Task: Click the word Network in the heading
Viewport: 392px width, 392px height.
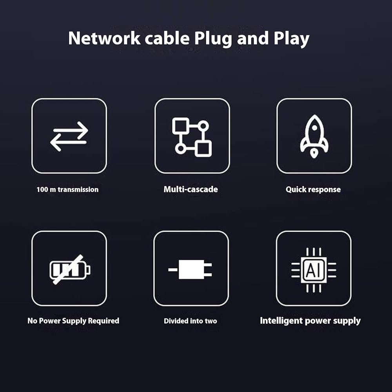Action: tap(104, 38)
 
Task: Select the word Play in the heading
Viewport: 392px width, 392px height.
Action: tap(292, 39)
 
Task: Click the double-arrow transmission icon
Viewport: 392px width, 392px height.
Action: tap(69, 136)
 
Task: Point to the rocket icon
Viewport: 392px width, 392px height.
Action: tap(314, 136)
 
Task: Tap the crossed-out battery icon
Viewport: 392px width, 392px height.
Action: tap(70, 270)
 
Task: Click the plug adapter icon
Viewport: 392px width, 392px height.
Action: tap(190, 270)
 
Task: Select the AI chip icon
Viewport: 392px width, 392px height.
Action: tap(314, 270)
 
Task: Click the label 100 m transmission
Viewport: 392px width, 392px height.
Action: tap(67, 189)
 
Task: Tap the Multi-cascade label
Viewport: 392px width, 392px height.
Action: tap(191, 189)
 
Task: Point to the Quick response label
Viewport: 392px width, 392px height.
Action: tap(313, 189)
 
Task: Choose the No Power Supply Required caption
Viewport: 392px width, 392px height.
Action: tap(73, 321)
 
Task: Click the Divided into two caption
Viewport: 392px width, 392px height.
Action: tap(191, 321)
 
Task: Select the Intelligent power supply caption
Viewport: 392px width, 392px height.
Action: tap(310, 321)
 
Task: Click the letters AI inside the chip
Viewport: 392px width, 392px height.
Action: tap(314, 270)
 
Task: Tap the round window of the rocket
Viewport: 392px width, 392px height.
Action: tap(314, 128)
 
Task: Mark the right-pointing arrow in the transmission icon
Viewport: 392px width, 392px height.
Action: tap(71, 131)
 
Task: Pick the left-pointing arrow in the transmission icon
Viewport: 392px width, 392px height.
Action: tap(68, 142)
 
